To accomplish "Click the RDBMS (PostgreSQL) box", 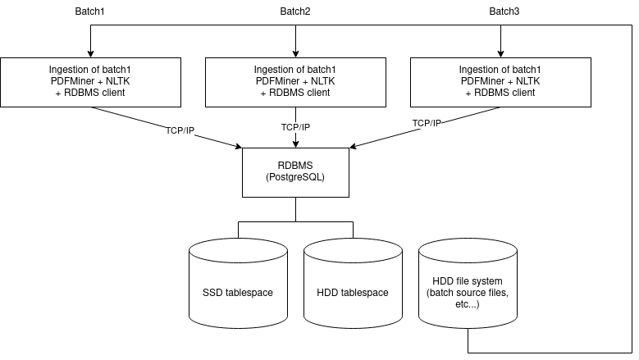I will click(295, 172).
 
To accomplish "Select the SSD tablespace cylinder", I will click(238, 293).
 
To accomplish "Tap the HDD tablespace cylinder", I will click(353, 293).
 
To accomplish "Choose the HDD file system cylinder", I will click(468, 293).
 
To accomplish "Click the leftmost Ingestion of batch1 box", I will click(90, 82).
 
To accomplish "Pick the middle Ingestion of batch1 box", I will click(295, 82).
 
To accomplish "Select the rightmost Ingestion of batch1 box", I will click(500, 82).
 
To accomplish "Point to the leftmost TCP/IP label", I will click(180, 131).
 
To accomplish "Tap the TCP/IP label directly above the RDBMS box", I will click(295, 127).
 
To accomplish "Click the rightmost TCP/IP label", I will click(427, 124).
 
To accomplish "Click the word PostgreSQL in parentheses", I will click(295, 177).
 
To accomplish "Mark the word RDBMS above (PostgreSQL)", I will click(295, 166).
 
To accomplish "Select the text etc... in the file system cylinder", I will click(468, 304).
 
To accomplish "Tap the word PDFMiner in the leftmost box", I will click(70, 81).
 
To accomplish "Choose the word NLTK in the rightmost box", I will click(527, 81).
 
